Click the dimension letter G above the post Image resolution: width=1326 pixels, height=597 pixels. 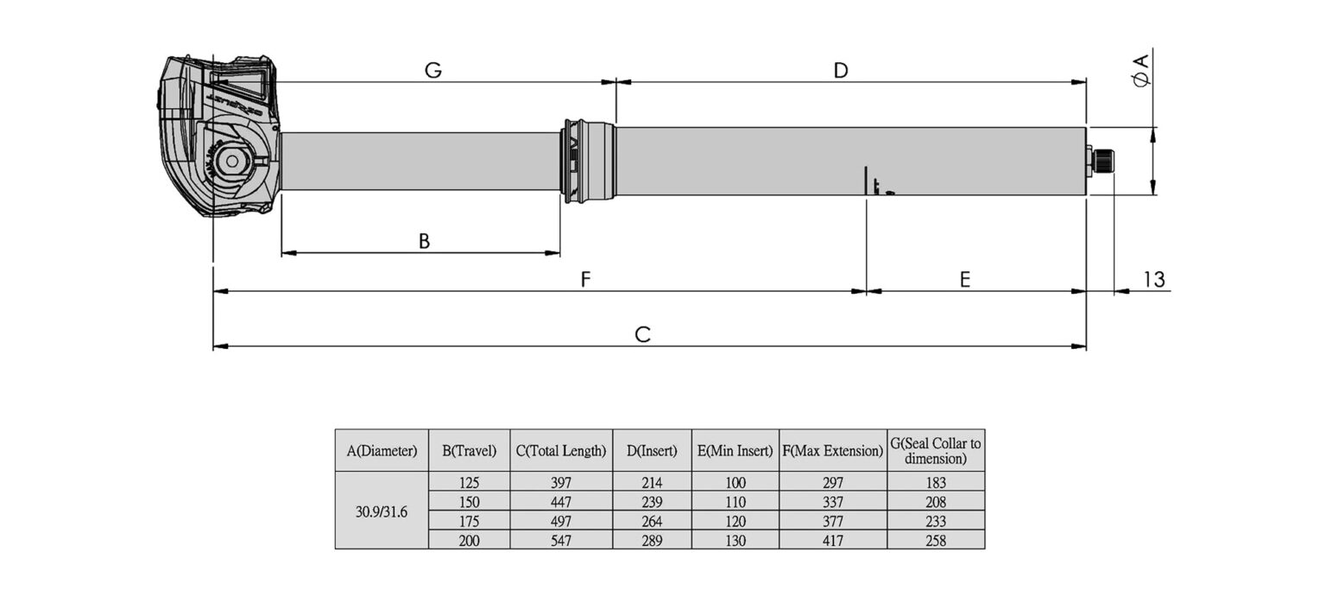click(x=433, y=71)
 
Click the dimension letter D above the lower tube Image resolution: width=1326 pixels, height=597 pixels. click(x=841, y=71)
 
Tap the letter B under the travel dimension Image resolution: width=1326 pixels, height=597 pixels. click(x=424, y=241)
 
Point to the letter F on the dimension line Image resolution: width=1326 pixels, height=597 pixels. click(x=585, y=279)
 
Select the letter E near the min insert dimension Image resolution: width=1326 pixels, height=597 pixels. click(x=965, y=279)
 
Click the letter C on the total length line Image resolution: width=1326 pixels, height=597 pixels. click(x=643, y=334)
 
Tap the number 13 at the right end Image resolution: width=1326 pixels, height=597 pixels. click(x=1153, y=279)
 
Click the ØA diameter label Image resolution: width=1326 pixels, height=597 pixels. click(x=1142, y=71)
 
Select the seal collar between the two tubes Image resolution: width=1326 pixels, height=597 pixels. click(x=590, y=161)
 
